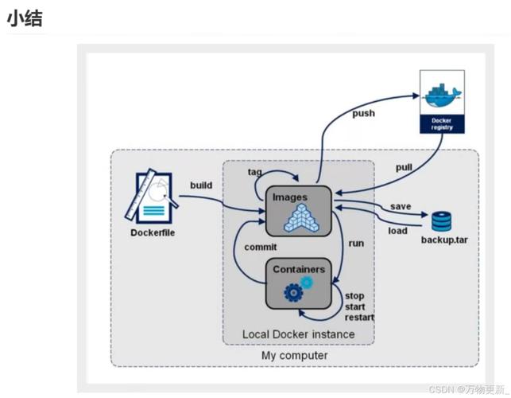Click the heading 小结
(x=24, y=18)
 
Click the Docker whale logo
(x=442, y=94)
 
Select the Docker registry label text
(x=442, y=124)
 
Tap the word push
(x=363, y=113)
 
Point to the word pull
(x=404, y=166)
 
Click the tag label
(x=254, y=171)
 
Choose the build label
(x=201, y=185)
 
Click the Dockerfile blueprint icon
(x=153, y=196)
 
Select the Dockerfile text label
(x=153, y=232)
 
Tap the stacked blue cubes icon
(x=301, y=218)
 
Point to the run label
(x=356, y=243)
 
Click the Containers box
(x=299, y=283)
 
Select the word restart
(x=358, y=317)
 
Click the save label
(x=401, y=207)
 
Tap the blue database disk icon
(x=440, y=220)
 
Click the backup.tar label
(x=444, y=240)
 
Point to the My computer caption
(x=294, y=355)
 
